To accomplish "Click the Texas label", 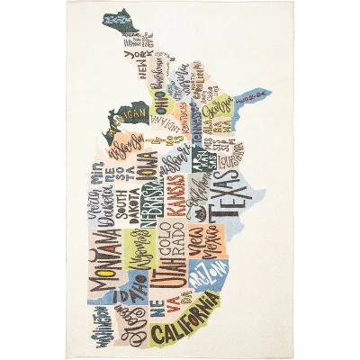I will point(220,203).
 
